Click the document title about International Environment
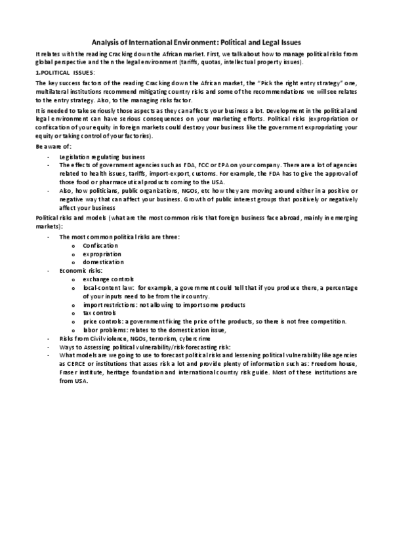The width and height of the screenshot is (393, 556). [x=196, y=41]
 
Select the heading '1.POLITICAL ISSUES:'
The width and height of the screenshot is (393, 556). [x=65, y=71]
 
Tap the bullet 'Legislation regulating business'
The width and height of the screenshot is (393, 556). [x=93, y=157]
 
